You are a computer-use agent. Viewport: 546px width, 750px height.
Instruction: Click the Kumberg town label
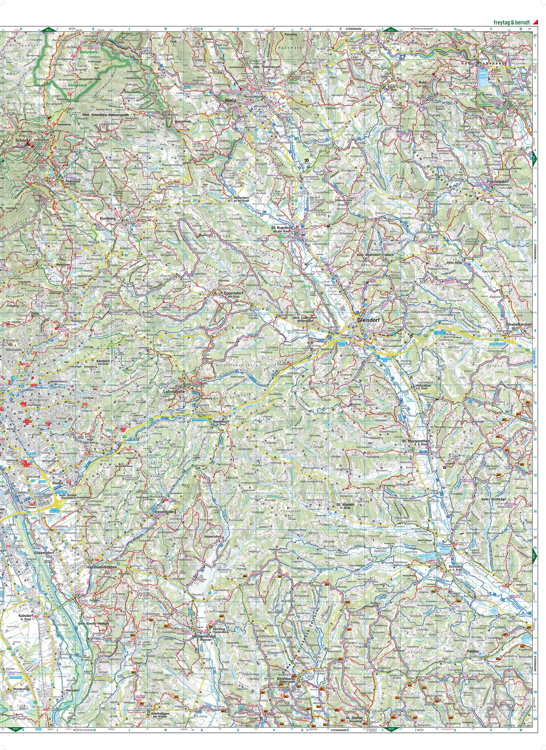108,219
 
